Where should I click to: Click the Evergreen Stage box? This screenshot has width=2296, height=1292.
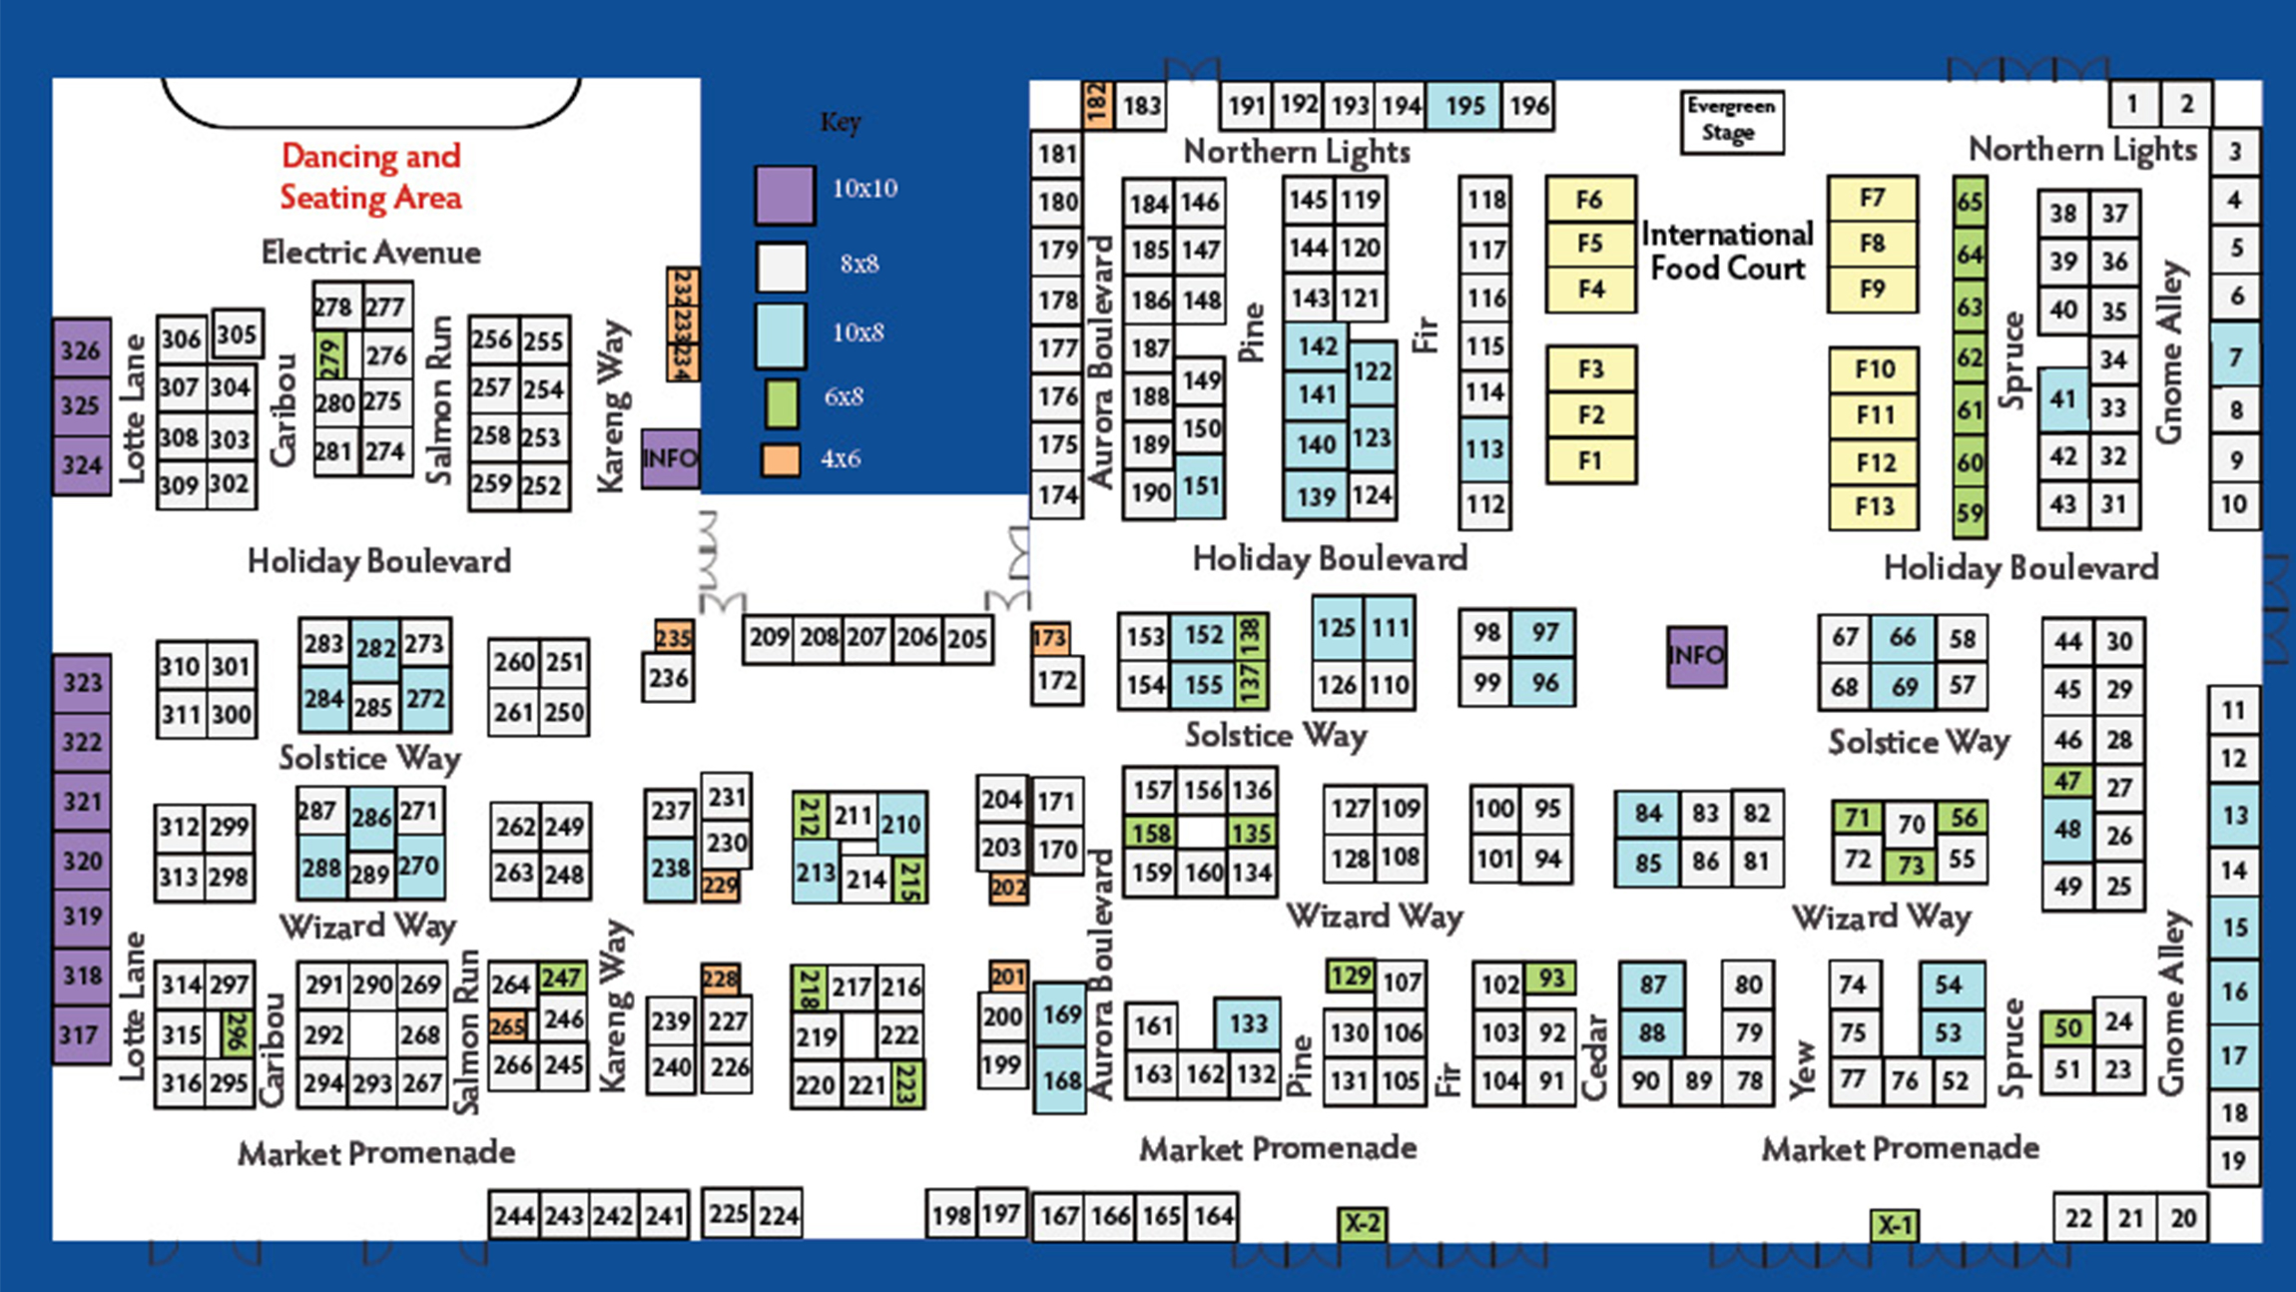coord(1731,121)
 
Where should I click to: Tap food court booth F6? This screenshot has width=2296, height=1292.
coord(1589,200)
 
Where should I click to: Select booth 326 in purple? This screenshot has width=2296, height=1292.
coord(81,349)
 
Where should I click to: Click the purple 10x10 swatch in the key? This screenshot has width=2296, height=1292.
coord(784,194)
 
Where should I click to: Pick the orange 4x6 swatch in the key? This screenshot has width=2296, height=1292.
coord(781,459)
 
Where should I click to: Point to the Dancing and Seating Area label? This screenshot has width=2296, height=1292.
coord(370,177)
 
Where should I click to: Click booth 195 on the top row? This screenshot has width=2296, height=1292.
coord(1463,105)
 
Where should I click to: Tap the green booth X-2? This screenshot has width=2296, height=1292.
coord(1362,1223)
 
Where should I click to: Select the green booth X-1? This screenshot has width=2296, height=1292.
coord(1894,1224)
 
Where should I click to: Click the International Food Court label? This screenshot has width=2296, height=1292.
coord(1728,251)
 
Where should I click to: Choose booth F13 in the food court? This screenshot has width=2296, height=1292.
coord(1874,507)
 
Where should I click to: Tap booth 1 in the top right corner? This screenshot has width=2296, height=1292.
coord(2132,103)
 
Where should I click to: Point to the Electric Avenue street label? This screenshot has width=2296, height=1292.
coord(370,253)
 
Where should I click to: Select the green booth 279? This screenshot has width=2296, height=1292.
coord(328,354)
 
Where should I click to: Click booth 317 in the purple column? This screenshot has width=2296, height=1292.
coord(81,1035)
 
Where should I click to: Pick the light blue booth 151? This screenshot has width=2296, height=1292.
coord(1200,486)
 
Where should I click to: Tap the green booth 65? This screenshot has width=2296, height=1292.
coord(1969,202)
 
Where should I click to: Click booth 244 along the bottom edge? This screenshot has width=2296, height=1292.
coord(513,1215)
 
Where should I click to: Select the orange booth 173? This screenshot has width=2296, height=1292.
coord(1049,637)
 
